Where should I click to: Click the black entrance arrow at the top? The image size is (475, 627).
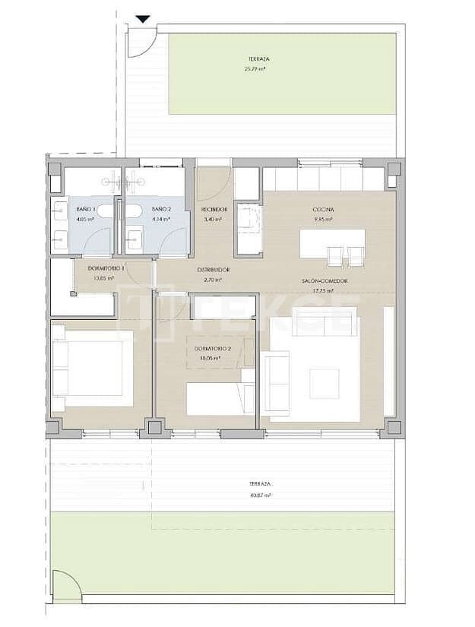141,20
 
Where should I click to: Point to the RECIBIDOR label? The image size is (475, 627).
214,209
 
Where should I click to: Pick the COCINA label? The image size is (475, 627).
324,209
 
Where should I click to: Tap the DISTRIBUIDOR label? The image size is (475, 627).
214,270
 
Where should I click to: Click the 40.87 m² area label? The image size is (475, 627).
259,495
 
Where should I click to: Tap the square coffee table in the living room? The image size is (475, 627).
325,383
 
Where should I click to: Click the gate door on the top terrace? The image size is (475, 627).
142,42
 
